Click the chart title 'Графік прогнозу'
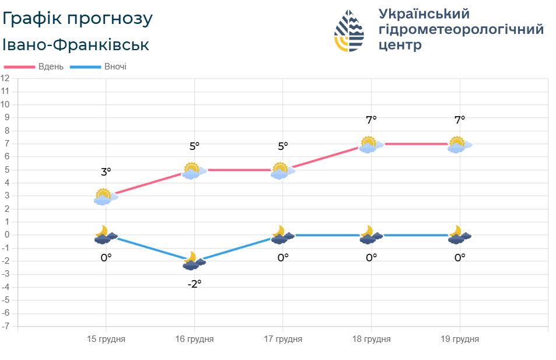[78, 19]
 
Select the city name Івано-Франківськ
[76, 45]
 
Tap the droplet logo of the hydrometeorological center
[349, 31]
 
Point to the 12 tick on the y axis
[5, 78]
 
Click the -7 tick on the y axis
[5, 326]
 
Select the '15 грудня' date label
[106, 339]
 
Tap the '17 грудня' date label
[283, 339]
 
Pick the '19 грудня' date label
[460, 339]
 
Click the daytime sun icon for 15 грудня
[104, 197]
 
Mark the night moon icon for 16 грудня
[193, 261]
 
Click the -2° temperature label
[194, 284]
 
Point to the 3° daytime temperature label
[106, 172]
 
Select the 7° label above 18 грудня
[371, 120]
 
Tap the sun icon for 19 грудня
[458, 145]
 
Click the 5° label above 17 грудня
[283, 146]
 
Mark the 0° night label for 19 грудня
[460, 257]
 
